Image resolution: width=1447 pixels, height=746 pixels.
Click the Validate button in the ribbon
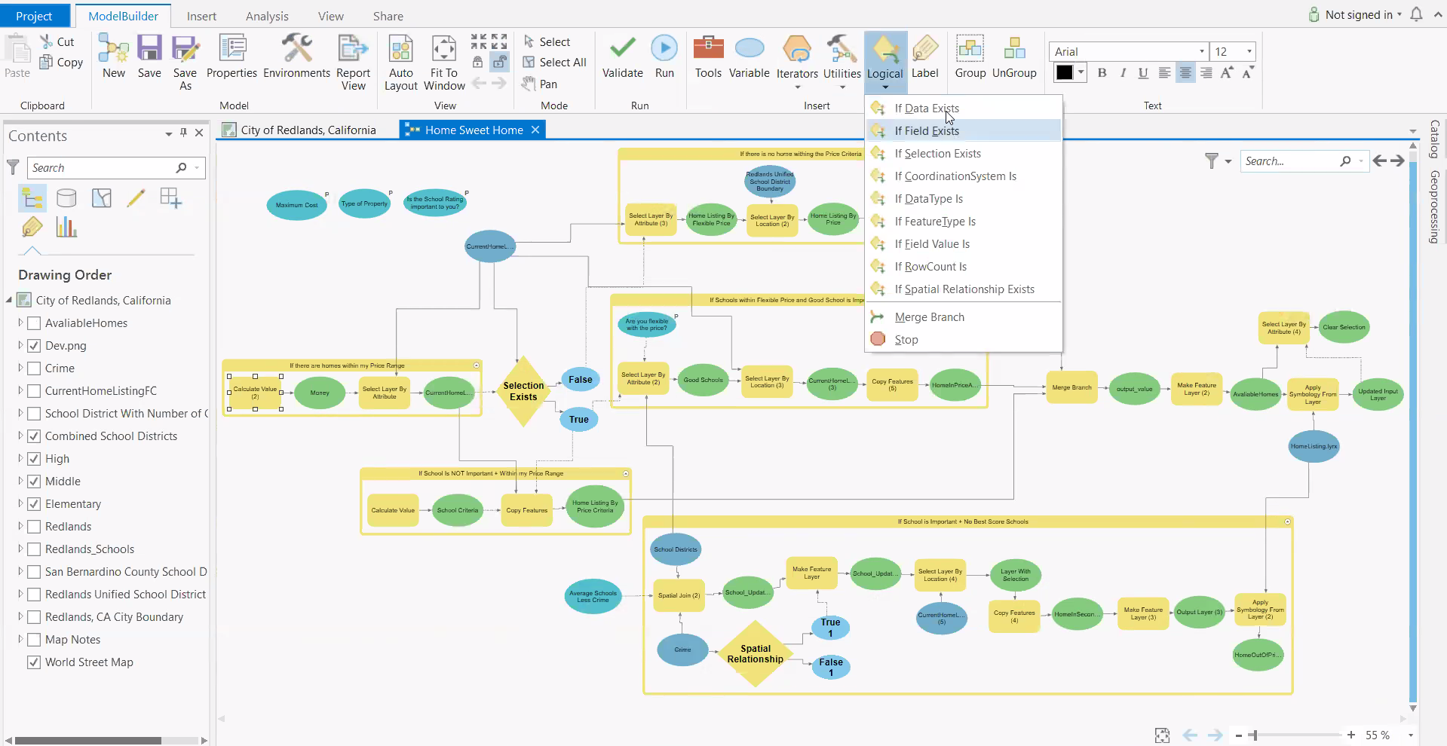click(622, 57)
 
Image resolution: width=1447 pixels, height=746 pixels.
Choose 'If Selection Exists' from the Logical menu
click(937, 154)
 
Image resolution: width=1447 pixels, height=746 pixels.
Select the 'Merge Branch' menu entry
click(929, 317)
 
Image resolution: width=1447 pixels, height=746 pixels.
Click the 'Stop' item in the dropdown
click(906, 340)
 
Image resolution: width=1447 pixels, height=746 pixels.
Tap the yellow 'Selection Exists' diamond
click(523, 391)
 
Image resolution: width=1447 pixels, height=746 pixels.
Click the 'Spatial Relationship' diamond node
click(755, 654)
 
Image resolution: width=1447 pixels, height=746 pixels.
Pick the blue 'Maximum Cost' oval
click(296, 205)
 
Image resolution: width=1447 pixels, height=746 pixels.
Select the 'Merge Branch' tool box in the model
click(1071, 388)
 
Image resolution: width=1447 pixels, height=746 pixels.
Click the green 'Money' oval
click(320, 393)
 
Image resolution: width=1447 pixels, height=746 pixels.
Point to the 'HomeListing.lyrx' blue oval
click(1314, 447)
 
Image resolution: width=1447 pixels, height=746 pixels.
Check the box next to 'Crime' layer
click(34, 368)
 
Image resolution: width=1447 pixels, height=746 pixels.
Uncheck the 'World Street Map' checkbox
click(34, 662)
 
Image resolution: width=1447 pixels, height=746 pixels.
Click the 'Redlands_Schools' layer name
click(90, 549)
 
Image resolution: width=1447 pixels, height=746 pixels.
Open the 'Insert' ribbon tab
click(201, 16)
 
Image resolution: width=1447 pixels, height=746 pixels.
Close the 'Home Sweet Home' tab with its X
click(535, 130)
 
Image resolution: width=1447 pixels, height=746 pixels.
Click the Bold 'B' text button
click(1102, 73)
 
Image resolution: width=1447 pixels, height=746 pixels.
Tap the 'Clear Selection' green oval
click(1344, 327)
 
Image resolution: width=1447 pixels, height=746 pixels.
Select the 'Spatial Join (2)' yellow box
click(679, 595)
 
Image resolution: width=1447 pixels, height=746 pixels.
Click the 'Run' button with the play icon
click(664, 57)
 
